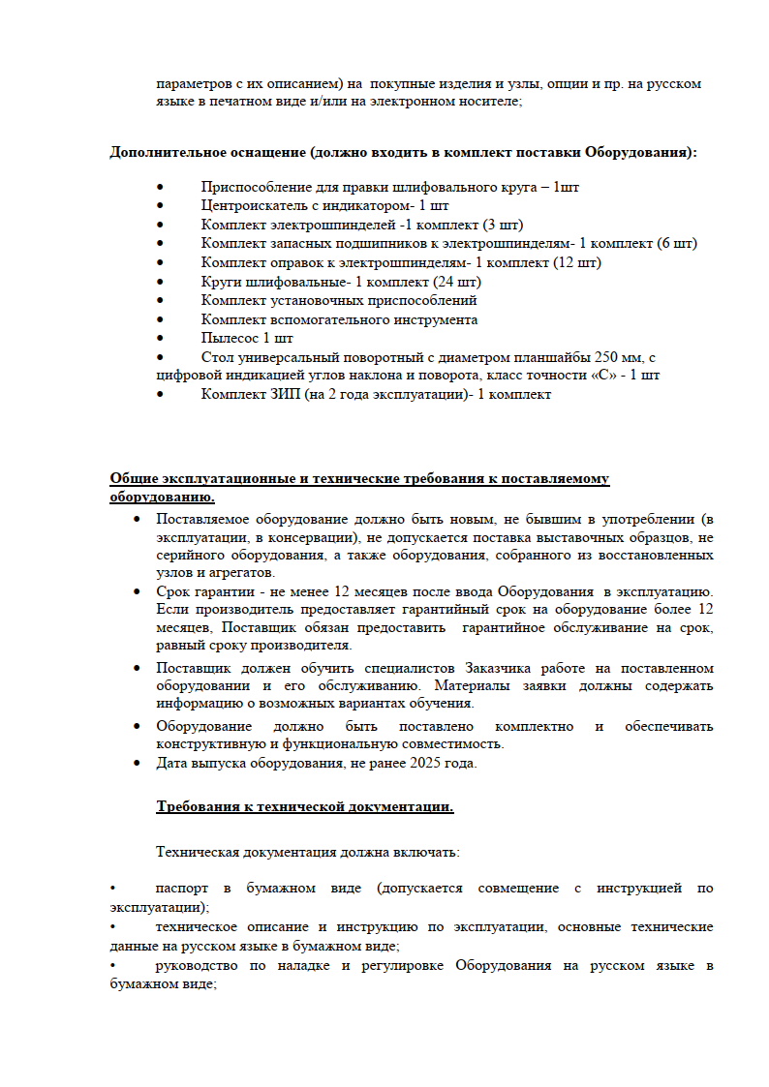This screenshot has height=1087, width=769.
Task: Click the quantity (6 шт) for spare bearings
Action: coord(676,244)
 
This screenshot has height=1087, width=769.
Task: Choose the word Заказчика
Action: coord(506,669)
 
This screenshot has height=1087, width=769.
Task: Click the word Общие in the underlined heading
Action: coord(131,479)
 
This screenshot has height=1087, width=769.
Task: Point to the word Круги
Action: coord(222,282)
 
